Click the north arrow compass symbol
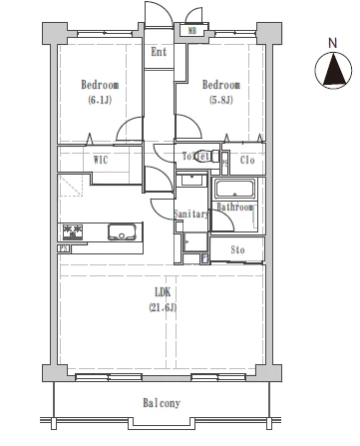pyautogui.click(x=333, y=70)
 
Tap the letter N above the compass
pyautogui.click(x=332, y=43)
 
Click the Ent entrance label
pyautogui.click(x=159, y=52)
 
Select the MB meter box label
pyautogui.click(x=192, y=31)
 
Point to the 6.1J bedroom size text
pyautogui.click(x=100, y=100)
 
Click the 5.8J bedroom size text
pyautogui.click(x=221, y=100)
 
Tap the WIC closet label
pyautogui.click(x=101, y=160)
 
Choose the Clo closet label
pyautogui.click(x=247, y=160)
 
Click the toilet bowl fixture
pyautogui.click(x=205, y=156)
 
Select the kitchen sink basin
pyautogui.click(x=122, y=231)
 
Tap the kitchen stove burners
pyautogui.click(x=73, y=231)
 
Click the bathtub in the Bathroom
pyautogui.click(x=235, y=189)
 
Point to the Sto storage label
pyautogui.click(x=237, y=249)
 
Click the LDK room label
pyautogui.click(x=163, y=292)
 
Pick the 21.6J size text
pyautogui.click(x=163, y=307)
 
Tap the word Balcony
pyautogui.click(x=162, y=403)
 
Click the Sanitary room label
pyautogui.click(x=191, y=215)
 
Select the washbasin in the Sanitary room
pyautogui.click(x=191, y=181)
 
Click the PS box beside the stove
pyautogui.click(x=63, y=248)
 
